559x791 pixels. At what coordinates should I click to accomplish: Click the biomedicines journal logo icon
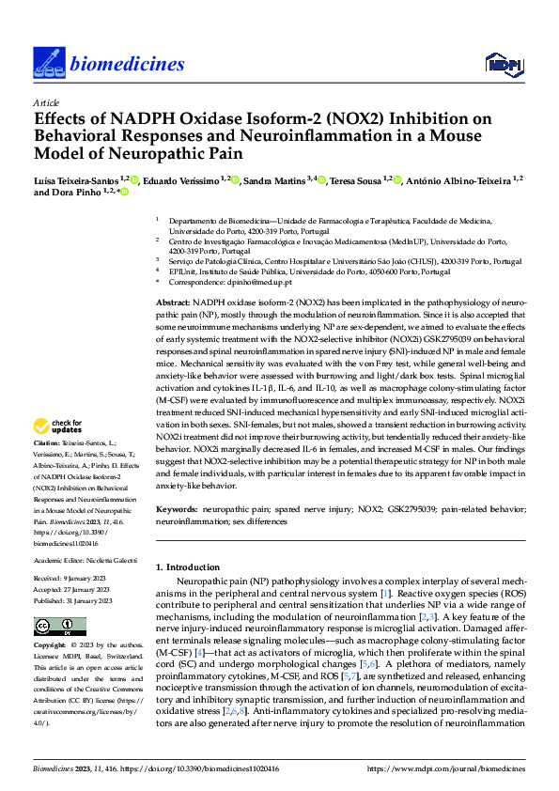click(x=47, y=63)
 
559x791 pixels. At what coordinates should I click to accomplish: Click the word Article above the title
click(x=46, y=102)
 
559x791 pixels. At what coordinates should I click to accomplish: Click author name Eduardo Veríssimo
click(x=184, y=179)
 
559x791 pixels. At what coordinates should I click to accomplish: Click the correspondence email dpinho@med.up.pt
click(x=249, y=281)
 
